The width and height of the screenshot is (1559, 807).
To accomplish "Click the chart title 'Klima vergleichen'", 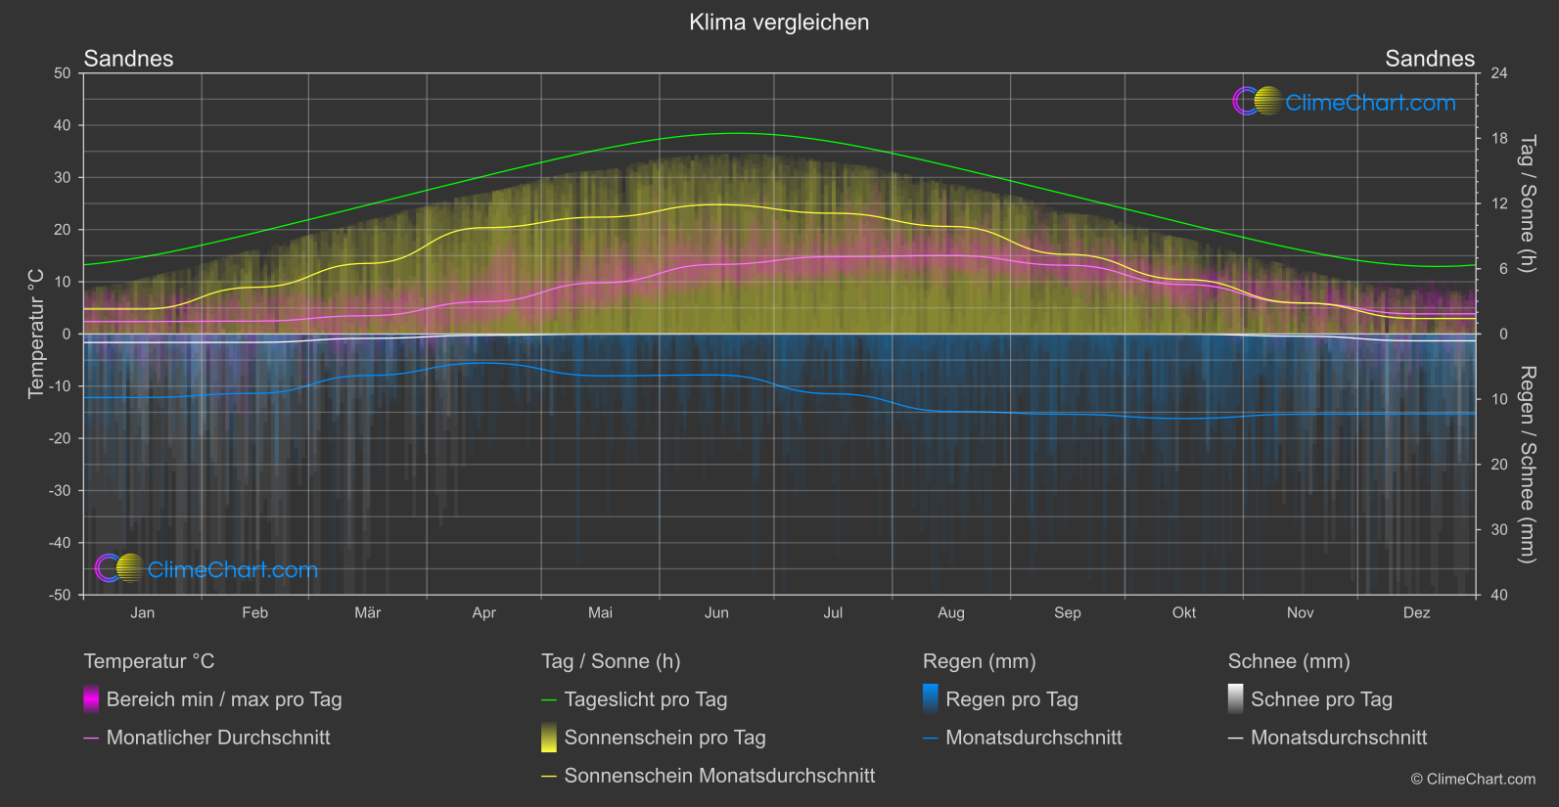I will click(x=779, y=22).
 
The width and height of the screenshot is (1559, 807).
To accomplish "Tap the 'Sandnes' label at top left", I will click(x=128, y=59).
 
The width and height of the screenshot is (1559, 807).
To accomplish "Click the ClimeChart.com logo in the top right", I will click(x=1344, y=102).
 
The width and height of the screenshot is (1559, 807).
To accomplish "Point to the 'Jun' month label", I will click(x=716, y=612).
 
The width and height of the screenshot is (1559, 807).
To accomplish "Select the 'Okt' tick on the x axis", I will click(x=1183, y=612).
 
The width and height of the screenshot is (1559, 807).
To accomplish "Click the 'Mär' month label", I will click(x=367, y=612).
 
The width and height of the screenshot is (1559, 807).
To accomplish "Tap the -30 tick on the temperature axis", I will click(x=61, y=490).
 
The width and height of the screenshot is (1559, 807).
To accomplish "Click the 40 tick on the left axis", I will click(x=63, y=125).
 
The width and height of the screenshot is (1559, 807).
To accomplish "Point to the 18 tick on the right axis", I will click(x=1498, y=139).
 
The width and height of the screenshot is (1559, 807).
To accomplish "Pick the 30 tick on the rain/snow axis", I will click(x=1498, y=529).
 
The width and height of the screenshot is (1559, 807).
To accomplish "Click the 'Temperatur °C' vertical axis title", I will click(x=36, y=334).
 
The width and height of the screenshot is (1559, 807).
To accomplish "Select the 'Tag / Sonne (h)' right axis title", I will click(x=1526, y=203).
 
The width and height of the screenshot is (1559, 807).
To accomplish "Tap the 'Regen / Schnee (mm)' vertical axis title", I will click(x=1526, y=465).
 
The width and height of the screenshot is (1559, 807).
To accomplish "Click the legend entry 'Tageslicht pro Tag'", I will click(x=645, y=699).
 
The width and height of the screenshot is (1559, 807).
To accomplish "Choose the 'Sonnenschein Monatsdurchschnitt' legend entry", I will click(x=719, y=776).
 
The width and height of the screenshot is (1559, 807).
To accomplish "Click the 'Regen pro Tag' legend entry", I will click(x=1011, y=699).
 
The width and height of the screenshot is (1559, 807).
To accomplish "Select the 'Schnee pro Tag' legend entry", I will click(x=1320, y=699).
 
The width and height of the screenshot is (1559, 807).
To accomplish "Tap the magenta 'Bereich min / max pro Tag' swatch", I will click(x=91, y=699).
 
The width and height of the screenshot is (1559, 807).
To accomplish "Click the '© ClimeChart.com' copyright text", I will click(x=1473, y=779).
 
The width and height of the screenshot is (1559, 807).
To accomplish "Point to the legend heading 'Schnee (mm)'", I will click(x=1288, y=661).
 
